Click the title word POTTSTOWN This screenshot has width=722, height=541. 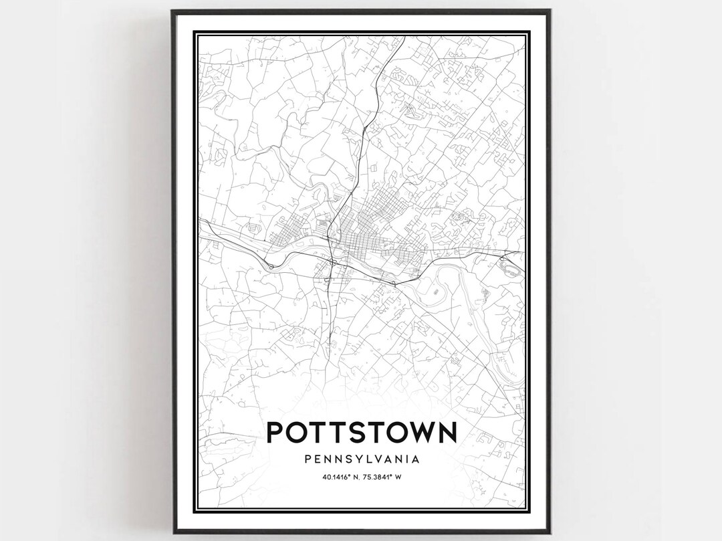(362, 431)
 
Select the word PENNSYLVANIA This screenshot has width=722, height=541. (362, 459)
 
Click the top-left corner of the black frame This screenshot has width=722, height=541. (171, 9)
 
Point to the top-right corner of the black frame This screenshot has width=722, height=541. (551, 9)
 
